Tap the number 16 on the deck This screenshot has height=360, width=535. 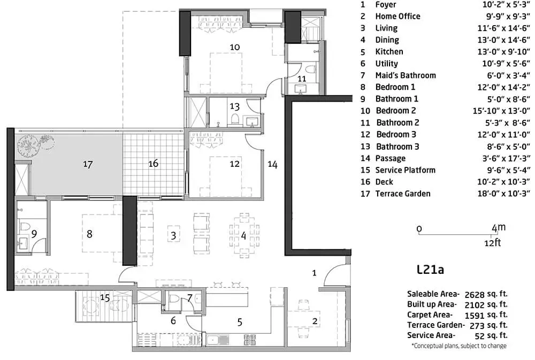point(154,164)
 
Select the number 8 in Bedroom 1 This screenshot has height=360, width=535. point(89,234)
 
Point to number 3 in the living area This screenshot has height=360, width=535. point(173,235)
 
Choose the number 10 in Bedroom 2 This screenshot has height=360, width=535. point(234,47)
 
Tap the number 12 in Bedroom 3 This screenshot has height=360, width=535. point(234,164)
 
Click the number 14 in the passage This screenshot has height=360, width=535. point(273,165)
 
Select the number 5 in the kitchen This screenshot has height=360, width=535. point(240,321)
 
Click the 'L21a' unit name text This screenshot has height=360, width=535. point(430,270)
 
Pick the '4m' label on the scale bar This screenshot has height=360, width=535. point(498,228)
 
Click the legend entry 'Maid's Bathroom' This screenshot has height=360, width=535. point(406,75)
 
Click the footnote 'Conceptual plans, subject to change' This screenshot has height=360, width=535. point(458,346)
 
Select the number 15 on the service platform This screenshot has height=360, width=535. point(106,297)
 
